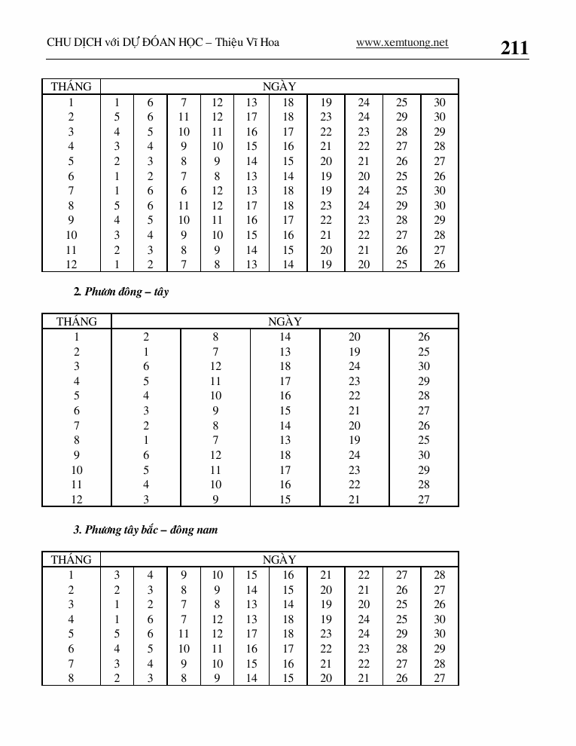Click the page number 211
point(514,48)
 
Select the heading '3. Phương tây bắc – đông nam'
point(145,530)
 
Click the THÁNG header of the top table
point(71,87)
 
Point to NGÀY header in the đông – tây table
point(285,322)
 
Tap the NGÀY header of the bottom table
point(279,560)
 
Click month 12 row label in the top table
point(71,264)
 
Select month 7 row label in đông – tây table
point(77,426)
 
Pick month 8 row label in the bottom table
point(71,678)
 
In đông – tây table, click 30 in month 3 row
point(424,367)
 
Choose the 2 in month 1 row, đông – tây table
point(146,338)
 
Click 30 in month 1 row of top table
point(440,102)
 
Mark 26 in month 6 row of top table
point(440,176)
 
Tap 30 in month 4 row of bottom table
point(440,619)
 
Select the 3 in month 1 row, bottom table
point(117,575)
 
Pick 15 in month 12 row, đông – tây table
point(285,500)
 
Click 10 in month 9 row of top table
point(184,220)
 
